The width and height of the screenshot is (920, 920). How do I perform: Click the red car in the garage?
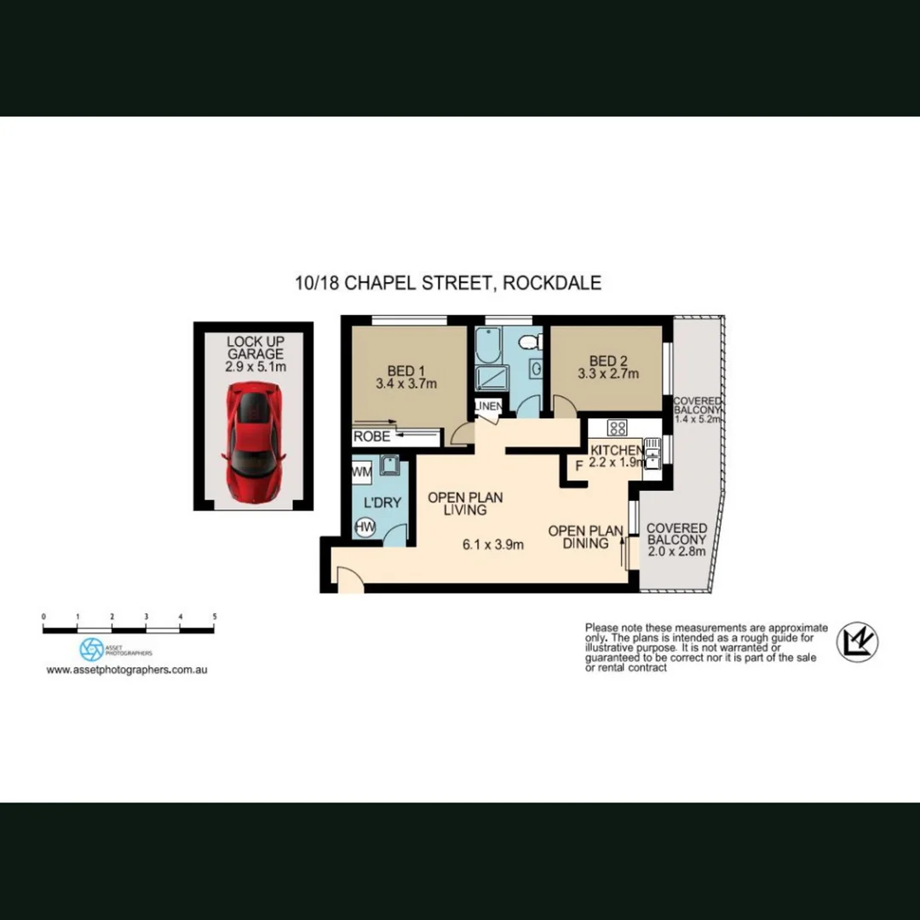click(253, 429)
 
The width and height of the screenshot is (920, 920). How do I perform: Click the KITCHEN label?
click(617, 450)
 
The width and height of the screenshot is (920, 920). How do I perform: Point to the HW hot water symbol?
click(364, 528)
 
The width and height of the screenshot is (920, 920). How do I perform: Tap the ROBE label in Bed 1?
click(371, 437)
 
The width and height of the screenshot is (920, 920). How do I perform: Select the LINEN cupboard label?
click(489, 405)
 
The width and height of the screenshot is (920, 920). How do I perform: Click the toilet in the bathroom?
click(530, 342)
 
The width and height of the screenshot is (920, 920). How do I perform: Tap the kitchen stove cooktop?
click(618, 428)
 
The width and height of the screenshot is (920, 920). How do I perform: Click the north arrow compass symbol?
click(857, 642)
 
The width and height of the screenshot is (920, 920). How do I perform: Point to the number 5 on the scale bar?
click(215, 616)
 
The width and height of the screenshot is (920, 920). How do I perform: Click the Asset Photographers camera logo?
click(91, 649)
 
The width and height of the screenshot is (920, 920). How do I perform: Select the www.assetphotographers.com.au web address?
click(127, 670)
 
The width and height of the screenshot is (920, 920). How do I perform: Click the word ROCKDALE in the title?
click(551, 283)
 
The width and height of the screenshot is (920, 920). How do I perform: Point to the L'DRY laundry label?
click(382, 503)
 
